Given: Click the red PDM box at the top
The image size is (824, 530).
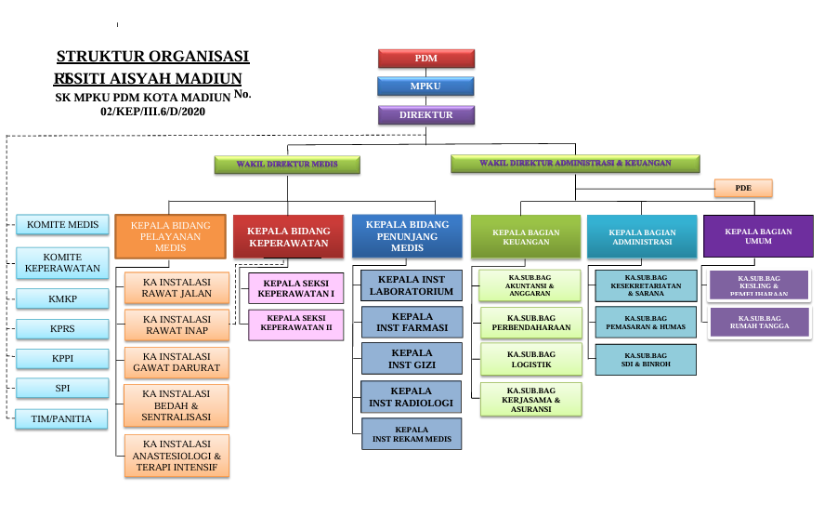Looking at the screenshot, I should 426,59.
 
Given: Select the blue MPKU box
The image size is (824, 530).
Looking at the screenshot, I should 426,86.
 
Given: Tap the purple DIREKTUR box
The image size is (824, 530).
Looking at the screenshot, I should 426,115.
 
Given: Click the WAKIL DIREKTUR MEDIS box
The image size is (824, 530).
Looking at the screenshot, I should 286,165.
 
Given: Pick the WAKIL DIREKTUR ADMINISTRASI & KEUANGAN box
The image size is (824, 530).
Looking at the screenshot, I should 575,164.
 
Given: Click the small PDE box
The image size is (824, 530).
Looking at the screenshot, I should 743,188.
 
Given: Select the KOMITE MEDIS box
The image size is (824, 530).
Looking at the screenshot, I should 62,224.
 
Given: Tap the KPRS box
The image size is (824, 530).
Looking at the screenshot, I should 62,328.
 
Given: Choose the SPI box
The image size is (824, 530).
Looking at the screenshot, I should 62,388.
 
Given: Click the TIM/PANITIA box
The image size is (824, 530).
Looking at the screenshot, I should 62,419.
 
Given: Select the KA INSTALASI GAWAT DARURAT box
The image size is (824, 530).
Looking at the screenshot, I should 177,363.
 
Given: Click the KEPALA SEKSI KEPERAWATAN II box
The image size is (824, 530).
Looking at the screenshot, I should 296,324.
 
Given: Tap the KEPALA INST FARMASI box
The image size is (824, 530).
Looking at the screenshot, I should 412,322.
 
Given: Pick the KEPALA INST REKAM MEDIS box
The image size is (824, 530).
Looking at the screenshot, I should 412,434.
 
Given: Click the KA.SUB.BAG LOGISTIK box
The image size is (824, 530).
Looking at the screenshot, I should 531,360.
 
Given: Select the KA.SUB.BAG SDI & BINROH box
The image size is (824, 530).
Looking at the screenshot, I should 646,360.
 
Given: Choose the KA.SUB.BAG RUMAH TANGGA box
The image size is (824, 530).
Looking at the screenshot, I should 759,323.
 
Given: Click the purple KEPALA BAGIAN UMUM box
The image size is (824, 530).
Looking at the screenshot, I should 758,235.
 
